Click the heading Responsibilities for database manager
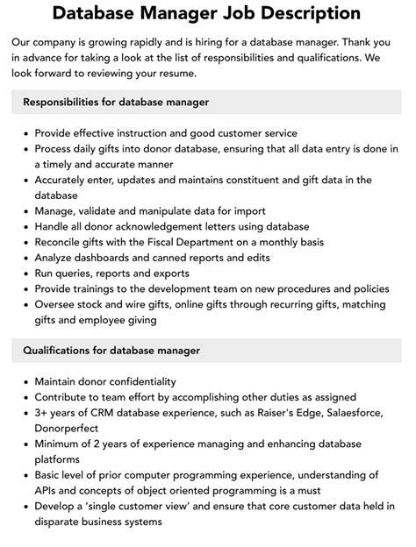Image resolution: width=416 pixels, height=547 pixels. (115, 103)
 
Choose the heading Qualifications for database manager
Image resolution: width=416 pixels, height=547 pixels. (111, 351)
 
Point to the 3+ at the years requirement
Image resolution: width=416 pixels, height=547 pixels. (42, 413)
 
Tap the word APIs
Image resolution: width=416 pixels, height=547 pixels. (50, 491)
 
